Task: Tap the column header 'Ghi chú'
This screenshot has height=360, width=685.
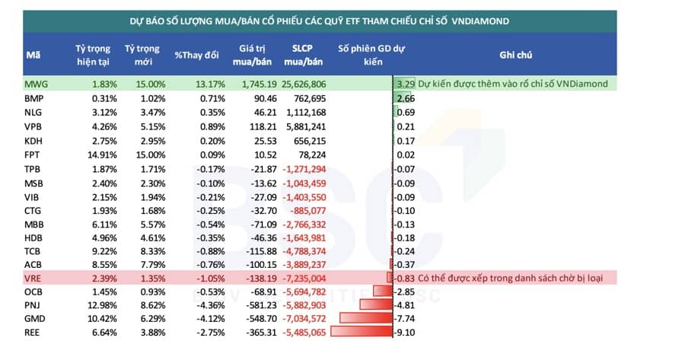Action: (515, 55)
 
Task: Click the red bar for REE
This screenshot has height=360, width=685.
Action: (362, 333)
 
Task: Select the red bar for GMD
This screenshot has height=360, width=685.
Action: (366, 319)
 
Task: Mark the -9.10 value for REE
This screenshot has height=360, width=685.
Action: (405, 333)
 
